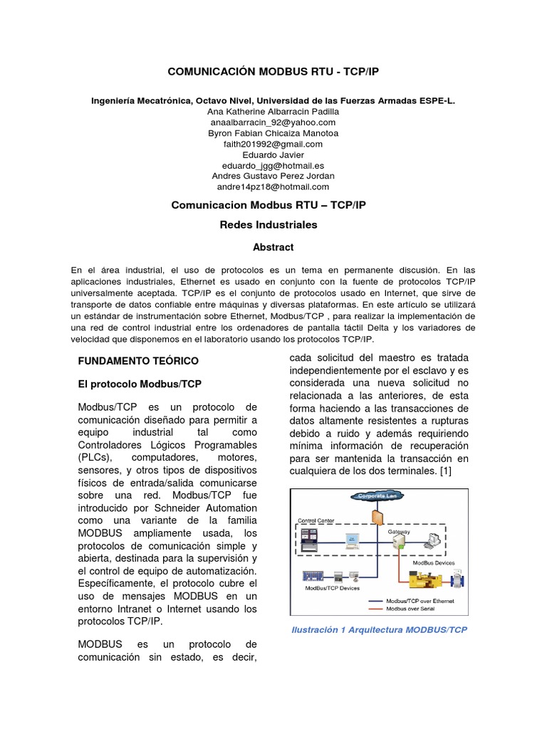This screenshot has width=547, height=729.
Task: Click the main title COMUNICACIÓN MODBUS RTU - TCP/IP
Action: pos(273,72)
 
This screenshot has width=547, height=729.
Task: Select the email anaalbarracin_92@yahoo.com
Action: pos(273,122)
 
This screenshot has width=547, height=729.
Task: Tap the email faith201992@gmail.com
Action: pos(273,144)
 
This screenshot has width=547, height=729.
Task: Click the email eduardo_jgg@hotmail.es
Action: pos(273,165)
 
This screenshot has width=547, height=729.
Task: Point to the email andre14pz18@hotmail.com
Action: pos(273,187)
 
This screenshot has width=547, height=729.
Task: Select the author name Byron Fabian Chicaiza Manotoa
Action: pos(273,133)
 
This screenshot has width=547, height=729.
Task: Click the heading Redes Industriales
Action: pos(273,224)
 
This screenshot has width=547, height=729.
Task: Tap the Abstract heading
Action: pos(273,247)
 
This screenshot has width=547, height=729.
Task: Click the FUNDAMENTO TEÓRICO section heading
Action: pos(138,361)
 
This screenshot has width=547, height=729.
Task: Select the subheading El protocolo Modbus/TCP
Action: pos(140,384)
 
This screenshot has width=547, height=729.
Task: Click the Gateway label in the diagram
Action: pos(399,532)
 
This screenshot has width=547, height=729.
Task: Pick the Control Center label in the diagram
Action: pos(316,520)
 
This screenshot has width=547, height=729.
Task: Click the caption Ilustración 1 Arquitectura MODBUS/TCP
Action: pos(379,630)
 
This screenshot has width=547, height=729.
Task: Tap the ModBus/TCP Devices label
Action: pos(332,588)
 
